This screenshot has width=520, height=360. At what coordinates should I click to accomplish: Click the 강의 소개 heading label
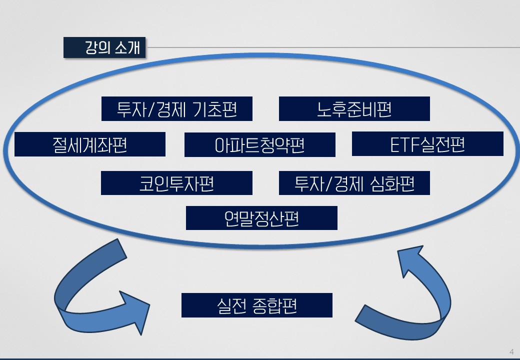point(104,48)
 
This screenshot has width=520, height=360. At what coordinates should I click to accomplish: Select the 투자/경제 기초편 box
point(177,109)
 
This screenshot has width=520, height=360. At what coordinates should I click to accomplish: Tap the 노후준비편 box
point(354,109)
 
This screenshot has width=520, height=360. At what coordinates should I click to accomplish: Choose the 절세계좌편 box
point(90,144)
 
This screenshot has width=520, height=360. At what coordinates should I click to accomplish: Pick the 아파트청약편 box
point(259,145)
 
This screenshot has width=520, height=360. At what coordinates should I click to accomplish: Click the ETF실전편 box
point(427,144)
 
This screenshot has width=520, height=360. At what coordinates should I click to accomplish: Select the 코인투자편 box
point(176,183)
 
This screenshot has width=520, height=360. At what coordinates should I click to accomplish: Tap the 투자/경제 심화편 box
point(354,183)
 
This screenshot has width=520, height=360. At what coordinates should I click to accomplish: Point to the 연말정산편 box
point(261,218)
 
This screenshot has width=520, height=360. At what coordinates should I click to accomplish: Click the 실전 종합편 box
point(256,305)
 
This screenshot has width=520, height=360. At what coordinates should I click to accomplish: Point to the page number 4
point(511,350)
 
